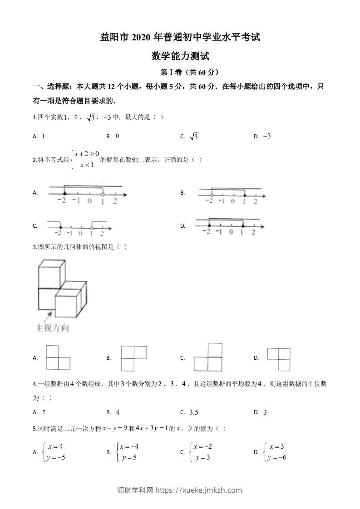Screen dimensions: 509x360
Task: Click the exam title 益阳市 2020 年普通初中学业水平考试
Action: point(180,38)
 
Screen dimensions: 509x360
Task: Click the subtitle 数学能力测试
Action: point(180,57)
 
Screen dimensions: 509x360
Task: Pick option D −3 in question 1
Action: point(266,136)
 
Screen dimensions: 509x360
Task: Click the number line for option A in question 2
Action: point(86,194)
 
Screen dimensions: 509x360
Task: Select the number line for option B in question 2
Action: point(230,195)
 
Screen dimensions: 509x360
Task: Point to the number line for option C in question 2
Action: point(78,227)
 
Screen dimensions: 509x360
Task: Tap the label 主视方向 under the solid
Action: point(52,328)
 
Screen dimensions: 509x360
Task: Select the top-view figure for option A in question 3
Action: point(58,358)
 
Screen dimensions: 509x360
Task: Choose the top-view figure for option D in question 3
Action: point(278,359)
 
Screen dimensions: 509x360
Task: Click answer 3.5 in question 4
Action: point(194,412)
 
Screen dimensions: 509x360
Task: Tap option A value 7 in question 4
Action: point(44,412)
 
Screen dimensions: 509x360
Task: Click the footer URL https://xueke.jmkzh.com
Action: point(200,490)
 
